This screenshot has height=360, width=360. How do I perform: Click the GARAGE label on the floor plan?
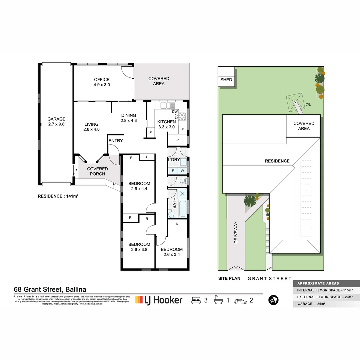56,122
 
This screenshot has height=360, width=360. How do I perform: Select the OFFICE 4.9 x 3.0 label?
102,82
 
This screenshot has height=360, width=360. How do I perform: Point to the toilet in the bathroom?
182,181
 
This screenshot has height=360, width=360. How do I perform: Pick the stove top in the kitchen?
182,117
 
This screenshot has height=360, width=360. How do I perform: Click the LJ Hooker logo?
159,300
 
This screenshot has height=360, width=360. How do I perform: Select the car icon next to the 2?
240,301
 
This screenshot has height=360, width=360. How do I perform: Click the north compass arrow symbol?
274,300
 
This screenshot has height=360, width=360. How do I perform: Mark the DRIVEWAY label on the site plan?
236,232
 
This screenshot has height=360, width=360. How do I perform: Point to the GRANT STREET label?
269,278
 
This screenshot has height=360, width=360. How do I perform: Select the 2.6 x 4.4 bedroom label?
139,186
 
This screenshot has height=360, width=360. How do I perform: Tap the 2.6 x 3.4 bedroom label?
172,252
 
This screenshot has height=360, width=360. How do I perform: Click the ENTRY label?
116,141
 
